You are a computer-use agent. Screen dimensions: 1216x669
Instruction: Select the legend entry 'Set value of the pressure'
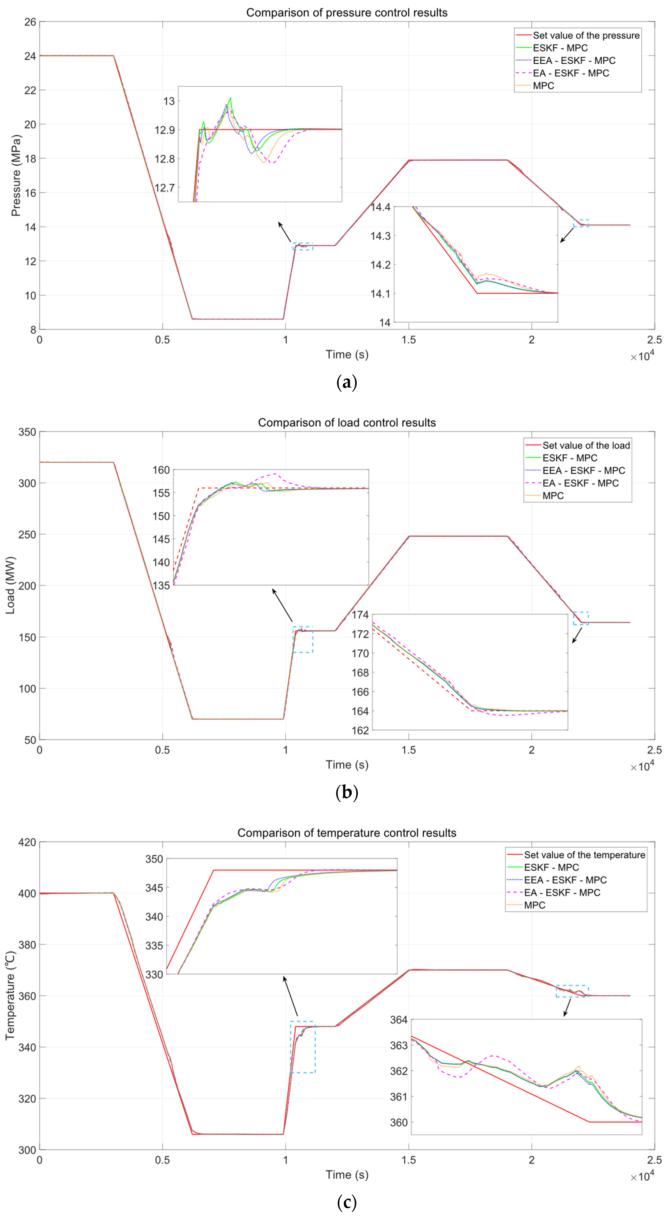tap(586, 35)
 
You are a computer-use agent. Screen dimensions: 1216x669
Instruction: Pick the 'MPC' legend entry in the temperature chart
tap(534, 905)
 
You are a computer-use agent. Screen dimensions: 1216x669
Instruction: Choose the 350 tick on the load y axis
tap(27, 432)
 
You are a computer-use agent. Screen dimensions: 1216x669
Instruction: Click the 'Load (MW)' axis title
tap(10, 585)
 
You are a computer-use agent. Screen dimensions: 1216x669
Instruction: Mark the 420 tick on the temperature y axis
tap(27, 842)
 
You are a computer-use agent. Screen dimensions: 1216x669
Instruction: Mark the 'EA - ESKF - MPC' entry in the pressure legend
tap(571, 73)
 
